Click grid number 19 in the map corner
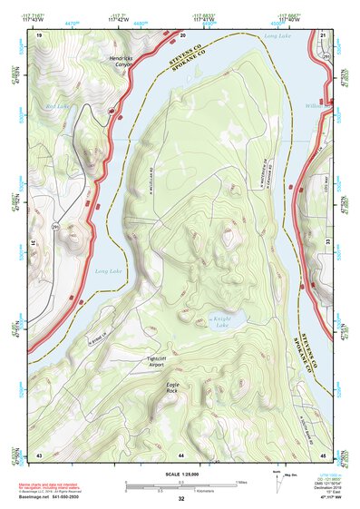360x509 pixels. (x=39, y=34)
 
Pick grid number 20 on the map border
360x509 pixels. (x=182, y=34)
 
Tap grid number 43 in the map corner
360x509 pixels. (x=39, y=453)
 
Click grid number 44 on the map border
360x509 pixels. (x=181, y=453)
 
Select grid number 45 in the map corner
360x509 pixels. (x=324, y=453)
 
